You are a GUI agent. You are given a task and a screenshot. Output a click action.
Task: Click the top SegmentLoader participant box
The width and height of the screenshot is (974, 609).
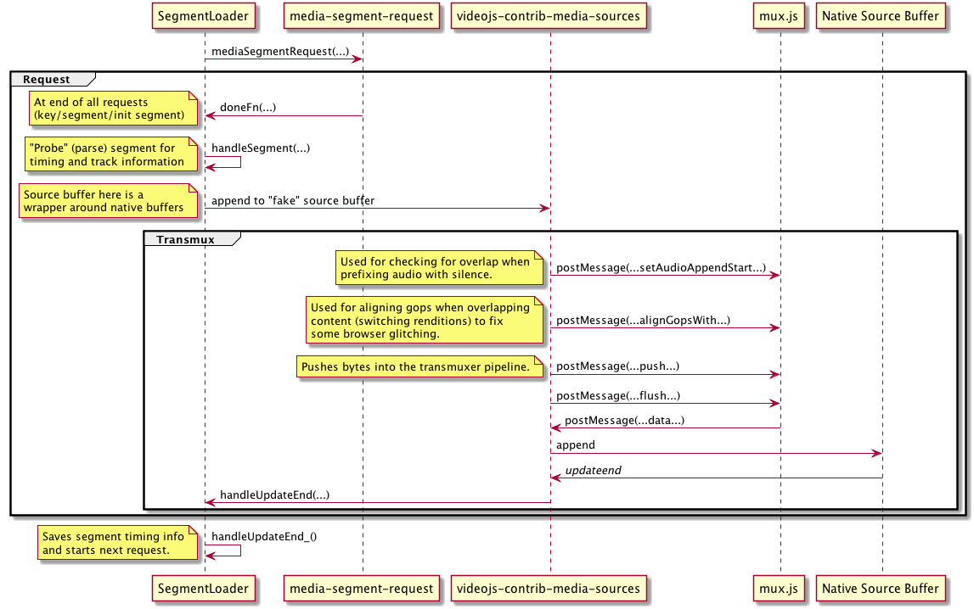point(204,14)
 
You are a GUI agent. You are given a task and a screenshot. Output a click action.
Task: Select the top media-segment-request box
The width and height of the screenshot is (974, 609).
point(362,14)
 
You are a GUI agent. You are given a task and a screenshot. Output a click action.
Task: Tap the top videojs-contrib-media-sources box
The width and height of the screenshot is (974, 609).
point(549,14)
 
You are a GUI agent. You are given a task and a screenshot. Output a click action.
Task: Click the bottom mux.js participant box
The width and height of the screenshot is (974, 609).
point(780,588)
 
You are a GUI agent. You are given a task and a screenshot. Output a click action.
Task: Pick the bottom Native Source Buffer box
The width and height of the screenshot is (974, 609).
point(881,588)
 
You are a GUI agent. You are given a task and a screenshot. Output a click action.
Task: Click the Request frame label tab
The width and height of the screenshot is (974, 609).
point(48,79)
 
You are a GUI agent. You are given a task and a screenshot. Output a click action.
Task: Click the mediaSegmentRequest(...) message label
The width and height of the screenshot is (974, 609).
point(280,52)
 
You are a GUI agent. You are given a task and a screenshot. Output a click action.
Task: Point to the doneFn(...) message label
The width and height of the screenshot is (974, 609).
point(248,108)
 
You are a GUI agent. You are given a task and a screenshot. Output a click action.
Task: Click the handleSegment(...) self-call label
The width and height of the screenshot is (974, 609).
point(261,148)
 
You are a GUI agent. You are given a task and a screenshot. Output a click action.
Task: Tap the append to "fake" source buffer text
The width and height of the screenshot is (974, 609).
point(293,201)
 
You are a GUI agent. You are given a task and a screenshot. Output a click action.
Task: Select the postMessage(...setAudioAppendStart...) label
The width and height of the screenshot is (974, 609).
point(661,267)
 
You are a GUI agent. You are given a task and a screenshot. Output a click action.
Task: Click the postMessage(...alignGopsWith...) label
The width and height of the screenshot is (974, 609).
point(643,321)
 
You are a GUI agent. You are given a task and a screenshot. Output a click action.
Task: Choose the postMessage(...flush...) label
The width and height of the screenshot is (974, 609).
point(618,395)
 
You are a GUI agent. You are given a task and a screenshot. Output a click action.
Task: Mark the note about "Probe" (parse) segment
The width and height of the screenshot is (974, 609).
point(108,154)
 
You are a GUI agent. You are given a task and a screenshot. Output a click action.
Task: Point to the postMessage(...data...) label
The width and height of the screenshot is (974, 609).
point(624,420)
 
